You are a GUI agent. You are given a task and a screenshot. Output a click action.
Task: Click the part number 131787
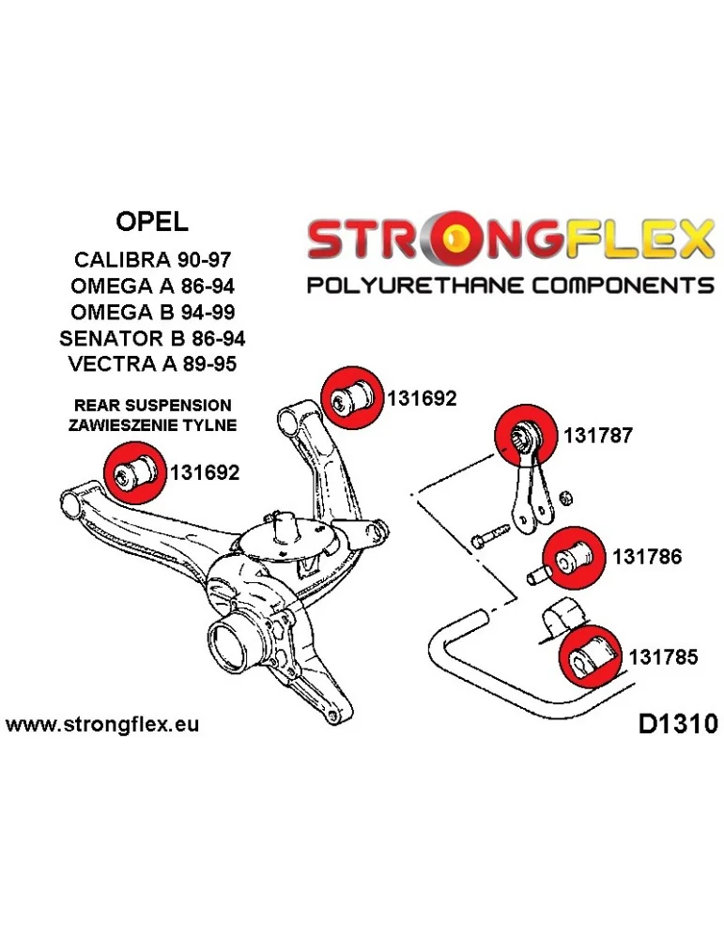click(597, 436)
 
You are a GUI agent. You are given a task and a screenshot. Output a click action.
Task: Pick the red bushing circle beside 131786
click(575, 556)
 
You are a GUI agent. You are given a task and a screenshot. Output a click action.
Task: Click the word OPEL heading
click(151, 222)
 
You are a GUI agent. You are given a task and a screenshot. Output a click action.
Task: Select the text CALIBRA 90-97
click(151, 259)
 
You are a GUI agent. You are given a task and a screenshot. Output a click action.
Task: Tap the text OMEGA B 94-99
click(151, 312)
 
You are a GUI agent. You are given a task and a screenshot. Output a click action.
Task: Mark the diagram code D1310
click(677, 724)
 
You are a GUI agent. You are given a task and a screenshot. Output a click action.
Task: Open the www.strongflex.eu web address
click(102, 725)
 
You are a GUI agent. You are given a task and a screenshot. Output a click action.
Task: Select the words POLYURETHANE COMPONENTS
click(511, 285)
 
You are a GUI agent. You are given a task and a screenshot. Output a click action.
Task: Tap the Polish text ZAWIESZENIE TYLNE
click(151, 425)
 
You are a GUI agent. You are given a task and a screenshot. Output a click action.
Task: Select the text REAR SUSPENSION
click(151, 406)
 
